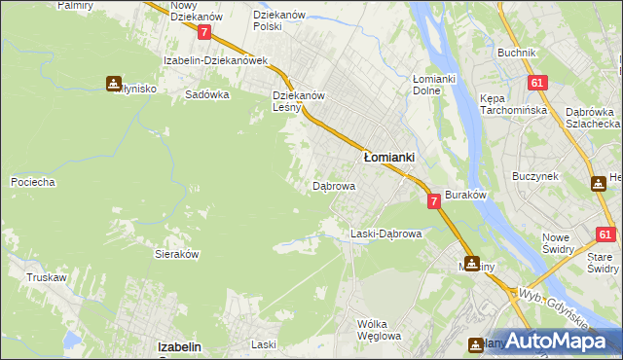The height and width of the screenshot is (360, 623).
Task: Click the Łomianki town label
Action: coord(389,156)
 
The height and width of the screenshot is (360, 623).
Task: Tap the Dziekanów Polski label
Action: coord(280,21)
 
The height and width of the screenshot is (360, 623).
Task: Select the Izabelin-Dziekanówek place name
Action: coord(215,60)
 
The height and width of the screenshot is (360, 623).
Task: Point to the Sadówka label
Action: coord(206,95)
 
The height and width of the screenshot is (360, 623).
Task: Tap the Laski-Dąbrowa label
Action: coord(385,234)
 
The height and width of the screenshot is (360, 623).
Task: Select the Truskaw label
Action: coord(47,277)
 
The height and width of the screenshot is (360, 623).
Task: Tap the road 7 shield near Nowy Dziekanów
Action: coord(203,32)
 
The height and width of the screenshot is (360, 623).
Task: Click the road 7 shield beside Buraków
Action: coord(433,200)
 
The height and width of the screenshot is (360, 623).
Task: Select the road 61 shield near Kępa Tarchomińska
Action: coord(536,83)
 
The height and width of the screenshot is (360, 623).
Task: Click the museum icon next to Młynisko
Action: coord(114,84)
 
